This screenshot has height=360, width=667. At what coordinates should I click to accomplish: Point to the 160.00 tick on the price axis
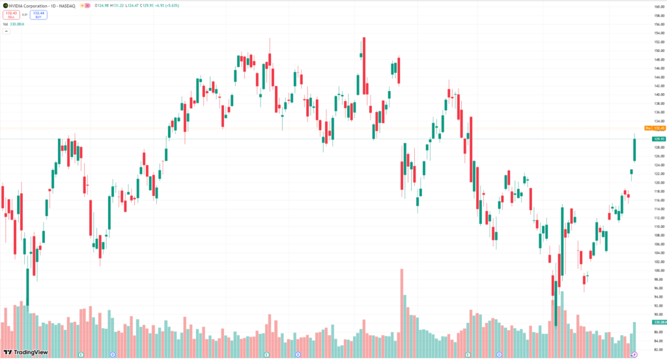click(x=659, y=7)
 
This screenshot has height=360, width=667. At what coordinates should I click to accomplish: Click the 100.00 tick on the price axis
click(x=659, y=270)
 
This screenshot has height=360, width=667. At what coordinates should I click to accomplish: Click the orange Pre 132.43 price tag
click(x=653, y=128)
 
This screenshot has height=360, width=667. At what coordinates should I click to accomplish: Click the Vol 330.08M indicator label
click(x=13, y=24)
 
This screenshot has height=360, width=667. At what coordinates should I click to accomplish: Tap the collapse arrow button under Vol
click(x=6, y=31)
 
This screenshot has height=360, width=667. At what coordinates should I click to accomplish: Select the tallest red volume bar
click(x=402, y=312)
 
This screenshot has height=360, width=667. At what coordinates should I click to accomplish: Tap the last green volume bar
click(x=634, y=339)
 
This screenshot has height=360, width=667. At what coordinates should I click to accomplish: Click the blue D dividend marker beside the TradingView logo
click(x=113, y=354)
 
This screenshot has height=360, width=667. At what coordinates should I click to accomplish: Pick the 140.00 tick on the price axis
click(x=659, y=94)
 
